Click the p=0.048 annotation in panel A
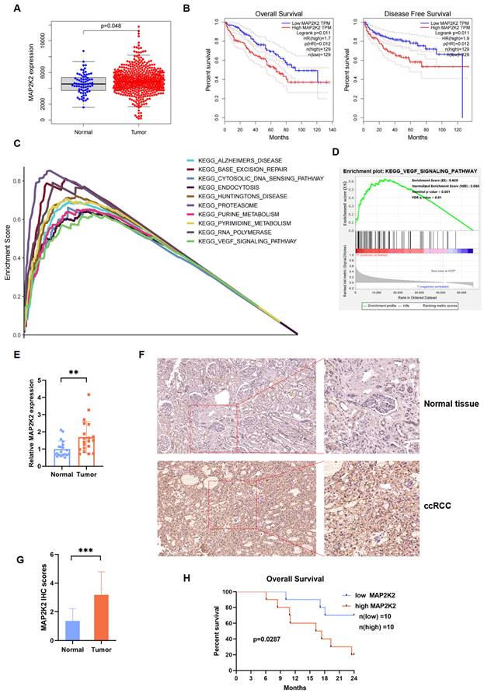click(x=116, y=26)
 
